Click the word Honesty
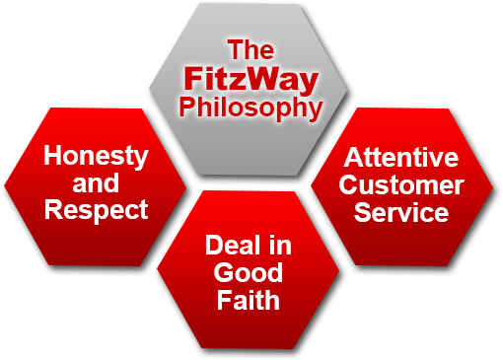(x=96, y=156)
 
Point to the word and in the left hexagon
(x=96, y=182)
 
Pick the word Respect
(x=96, y=209)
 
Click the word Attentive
(x=401, y=158)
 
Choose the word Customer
(x=401, y=184)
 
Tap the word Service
(x=401, y=211)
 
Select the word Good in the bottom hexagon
(x=249, y=272)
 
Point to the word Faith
(x=249, y=299)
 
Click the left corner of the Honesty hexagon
(x=5, y=185)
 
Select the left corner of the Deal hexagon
(x=158, y=270)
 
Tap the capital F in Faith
(x=225, y=299)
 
